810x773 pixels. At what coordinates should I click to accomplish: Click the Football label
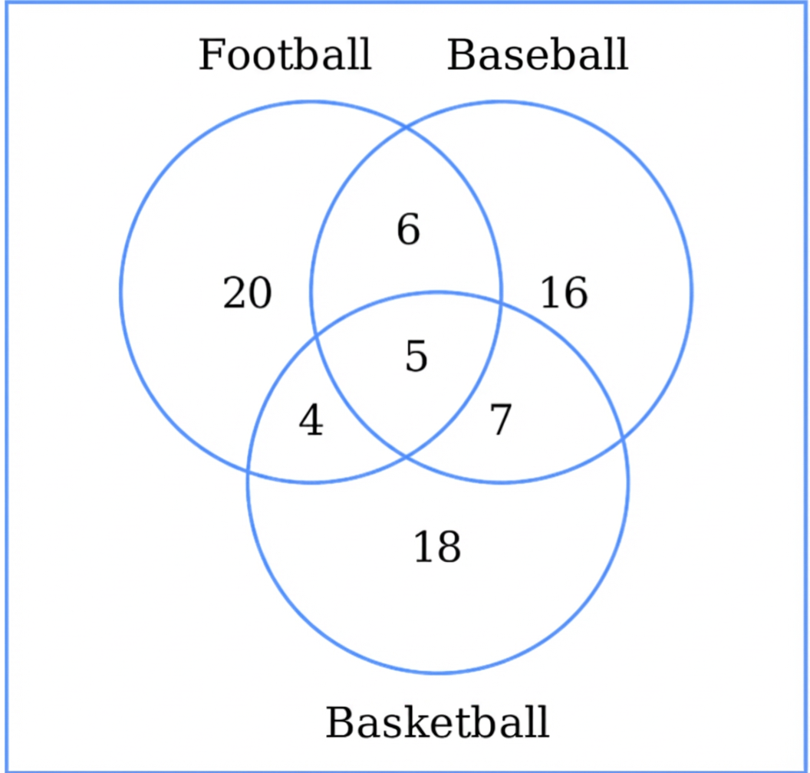[x=285, y=54]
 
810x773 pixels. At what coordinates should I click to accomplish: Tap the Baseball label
[x=538, y=54]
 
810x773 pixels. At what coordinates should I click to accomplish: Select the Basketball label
[x=437, y=722]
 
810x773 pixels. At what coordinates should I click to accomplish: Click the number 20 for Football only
[x=248, y=293]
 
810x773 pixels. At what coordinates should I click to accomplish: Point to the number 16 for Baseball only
[x=564, y=293]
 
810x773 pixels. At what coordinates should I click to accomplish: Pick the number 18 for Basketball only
[x=437, y=547]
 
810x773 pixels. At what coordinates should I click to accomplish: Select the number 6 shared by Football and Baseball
[x=408, y=229]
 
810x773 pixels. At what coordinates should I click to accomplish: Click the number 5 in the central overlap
[x=417, y=356]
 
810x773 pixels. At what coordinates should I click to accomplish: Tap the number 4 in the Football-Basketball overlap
[x=311, y=419]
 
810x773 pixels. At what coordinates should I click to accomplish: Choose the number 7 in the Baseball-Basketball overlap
[x=501, y=419]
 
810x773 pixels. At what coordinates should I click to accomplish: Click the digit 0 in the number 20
[x=260, y=293]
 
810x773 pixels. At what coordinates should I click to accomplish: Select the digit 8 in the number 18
[x=449, y=547]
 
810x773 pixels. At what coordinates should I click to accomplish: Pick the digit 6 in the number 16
[x=576, y=293]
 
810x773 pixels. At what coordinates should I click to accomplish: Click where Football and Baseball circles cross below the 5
[x=406, y=456]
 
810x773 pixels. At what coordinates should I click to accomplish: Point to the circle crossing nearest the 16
[x=500, y=304]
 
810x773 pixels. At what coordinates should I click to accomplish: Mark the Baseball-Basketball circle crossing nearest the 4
[x=316, y=337]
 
